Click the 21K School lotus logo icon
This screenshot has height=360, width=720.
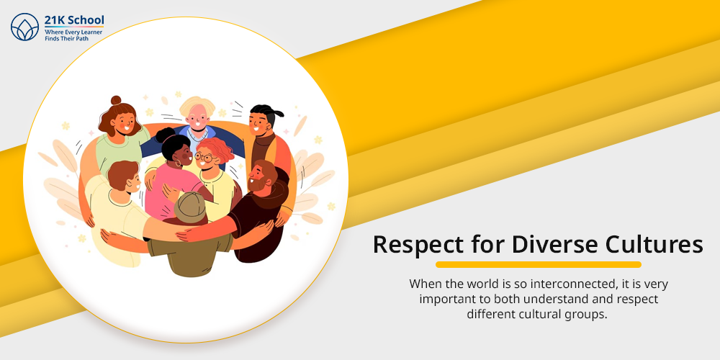(24, 27)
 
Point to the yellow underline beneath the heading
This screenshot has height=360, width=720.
(538, 264)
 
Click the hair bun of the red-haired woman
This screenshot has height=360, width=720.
(116, 100)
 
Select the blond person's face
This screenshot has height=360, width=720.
(197, 117)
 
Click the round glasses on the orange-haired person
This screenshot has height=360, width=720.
(204, 158)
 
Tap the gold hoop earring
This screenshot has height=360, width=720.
(177, 163)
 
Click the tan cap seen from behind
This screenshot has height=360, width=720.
(190, 207)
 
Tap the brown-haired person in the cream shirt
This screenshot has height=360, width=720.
(117, 207)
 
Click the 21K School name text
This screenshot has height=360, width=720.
(74, 19)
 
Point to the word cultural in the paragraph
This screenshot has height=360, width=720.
(533, 315)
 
